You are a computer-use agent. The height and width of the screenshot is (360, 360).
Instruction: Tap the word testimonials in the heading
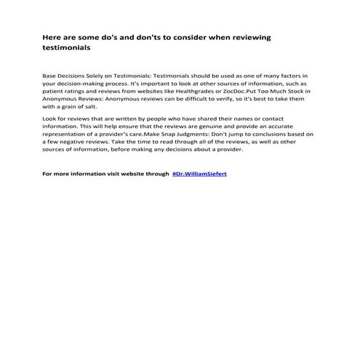pyautogui.click(x=67, y=49)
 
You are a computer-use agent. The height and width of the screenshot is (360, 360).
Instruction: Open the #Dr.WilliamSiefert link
pyautogui.click(x=200, y=175)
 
